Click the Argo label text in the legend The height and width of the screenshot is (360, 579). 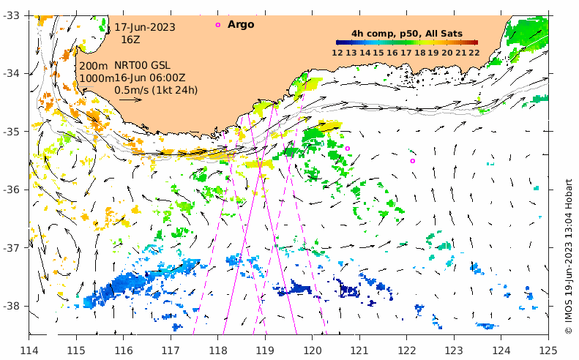pos(241,25)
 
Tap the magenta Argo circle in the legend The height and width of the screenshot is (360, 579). pos(217,25)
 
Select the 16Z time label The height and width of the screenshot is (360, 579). pos(130,40)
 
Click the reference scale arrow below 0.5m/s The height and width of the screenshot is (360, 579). pos(130,100)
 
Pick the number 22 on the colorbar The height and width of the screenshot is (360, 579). pos(474,52)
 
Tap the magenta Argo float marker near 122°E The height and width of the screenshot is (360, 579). pos(413,161)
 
